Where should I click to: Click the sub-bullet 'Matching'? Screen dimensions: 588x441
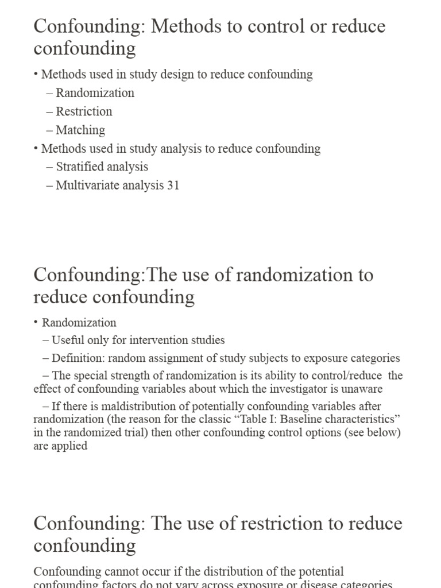click(80, 130)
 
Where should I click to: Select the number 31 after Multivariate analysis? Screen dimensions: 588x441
click(173, 185)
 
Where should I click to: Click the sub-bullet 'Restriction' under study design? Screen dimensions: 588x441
click(84, 111)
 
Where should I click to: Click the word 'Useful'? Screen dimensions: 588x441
click(68, 340)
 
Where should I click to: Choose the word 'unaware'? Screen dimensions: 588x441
click(363, 389)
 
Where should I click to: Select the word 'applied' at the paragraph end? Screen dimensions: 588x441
click(69, 446)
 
